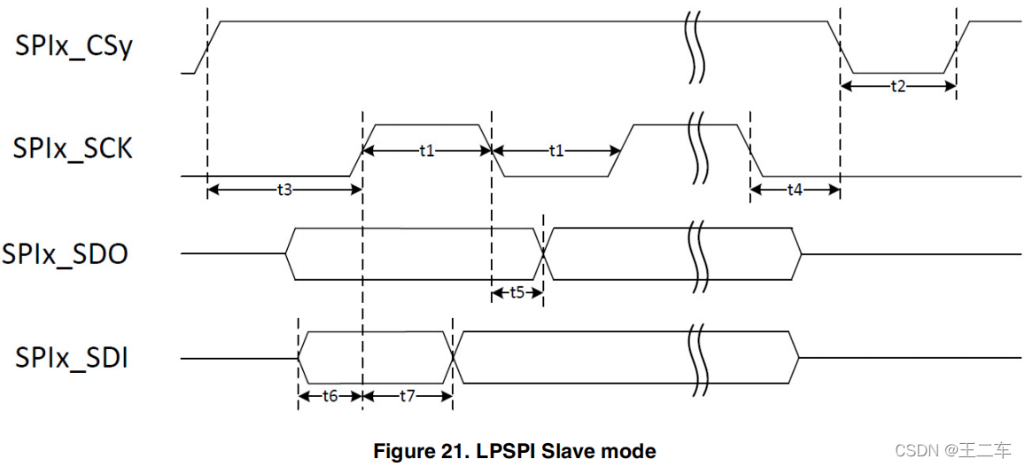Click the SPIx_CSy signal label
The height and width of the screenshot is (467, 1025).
click(74, 46)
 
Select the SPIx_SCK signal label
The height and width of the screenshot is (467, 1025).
click(73, 149)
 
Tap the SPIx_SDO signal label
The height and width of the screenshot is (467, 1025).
click(65, 254)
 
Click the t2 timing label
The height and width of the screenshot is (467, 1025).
click(897, 86)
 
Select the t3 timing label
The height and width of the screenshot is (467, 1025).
click(283, 190)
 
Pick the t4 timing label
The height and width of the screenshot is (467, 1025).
click(795, 190)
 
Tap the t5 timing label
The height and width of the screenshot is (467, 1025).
click(516, 292)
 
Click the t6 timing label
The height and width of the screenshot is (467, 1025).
click(330, 396)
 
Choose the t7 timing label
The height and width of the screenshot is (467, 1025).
click(407, 396)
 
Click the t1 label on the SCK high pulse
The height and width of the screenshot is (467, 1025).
click(426, 151)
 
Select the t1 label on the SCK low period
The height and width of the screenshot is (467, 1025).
click(555, 151)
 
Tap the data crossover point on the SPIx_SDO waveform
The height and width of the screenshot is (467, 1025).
click(543, 254)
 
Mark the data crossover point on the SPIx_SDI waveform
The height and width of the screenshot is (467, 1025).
click(453, 358)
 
